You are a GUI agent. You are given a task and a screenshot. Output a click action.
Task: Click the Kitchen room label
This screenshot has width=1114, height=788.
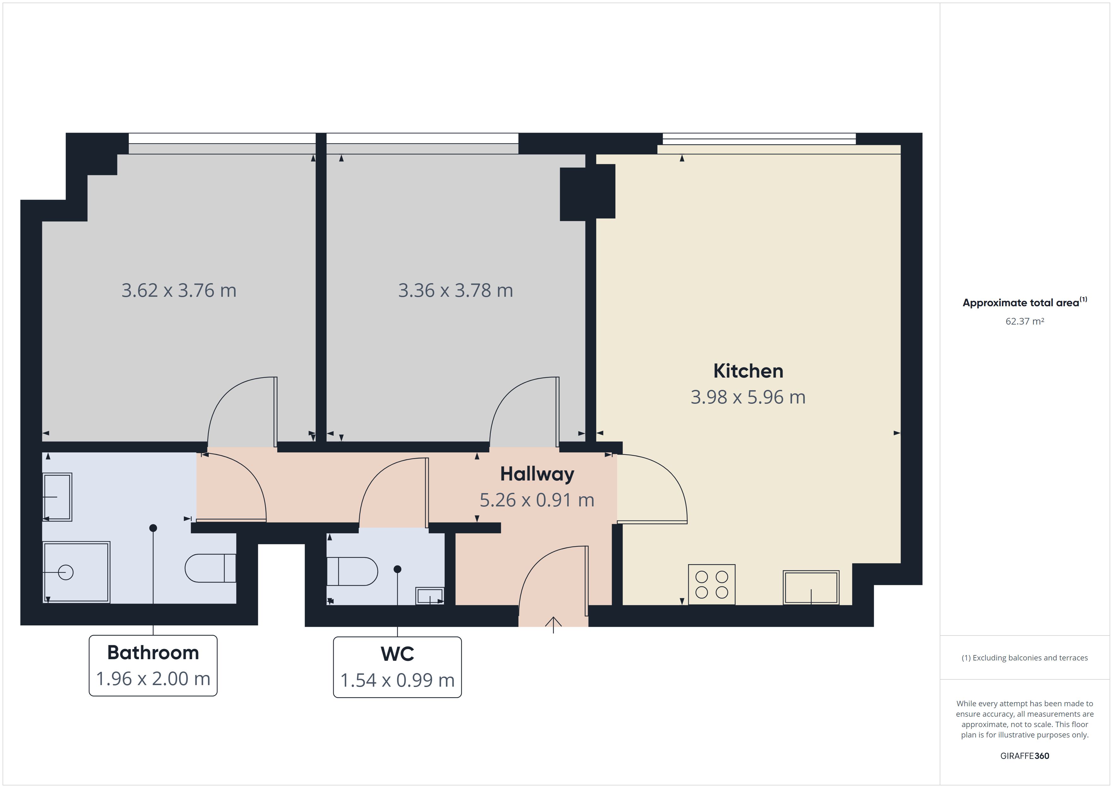tap(748, 371)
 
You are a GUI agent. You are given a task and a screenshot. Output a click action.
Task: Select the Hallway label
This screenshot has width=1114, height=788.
tap(537, 474)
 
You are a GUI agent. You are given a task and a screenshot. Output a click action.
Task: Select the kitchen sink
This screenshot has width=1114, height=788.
tap(811, 588)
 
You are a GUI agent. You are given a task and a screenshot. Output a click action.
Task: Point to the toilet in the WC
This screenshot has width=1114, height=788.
tap(352, 571)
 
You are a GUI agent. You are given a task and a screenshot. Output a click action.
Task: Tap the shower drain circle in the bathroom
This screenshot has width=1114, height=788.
tap(65, 573)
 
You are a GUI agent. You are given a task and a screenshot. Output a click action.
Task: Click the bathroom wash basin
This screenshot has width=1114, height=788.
tap(57, 497)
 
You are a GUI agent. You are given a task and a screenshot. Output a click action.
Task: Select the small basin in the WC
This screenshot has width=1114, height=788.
tap(430, 596)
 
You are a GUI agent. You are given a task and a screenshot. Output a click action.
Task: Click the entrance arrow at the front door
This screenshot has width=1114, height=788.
tap(554, 624)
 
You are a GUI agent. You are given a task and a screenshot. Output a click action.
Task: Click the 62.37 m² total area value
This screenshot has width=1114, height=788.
tap(1025, 321)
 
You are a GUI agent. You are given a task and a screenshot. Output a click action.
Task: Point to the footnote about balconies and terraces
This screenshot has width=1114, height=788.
tap(1025, 658)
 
